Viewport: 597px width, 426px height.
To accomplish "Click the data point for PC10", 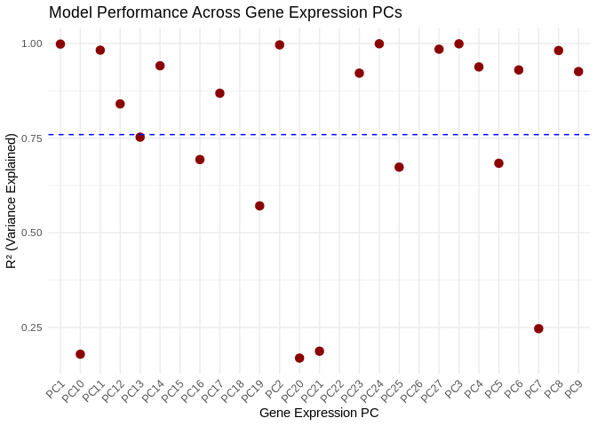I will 80,354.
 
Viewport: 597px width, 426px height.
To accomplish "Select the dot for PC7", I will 538,328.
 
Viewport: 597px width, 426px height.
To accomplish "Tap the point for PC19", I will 259,206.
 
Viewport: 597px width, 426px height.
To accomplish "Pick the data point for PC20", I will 299,358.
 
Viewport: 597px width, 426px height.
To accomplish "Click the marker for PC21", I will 319,351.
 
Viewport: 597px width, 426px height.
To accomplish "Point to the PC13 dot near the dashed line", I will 140,137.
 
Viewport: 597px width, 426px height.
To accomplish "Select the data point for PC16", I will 200,160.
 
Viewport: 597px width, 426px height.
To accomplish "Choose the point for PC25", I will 399,167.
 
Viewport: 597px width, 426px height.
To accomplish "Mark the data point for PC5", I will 498,163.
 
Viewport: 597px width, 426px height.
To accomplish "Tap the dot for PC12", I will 120,104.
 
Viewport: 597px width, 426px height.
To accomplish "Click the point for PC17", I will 219,93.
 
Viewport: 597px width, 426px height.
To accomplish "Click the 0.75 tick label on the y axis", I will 31,138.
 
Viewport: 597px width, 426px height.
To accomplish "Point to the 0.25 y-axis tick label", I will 31,327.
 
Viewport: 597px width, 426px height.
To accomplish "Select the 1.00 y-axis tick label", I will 31,43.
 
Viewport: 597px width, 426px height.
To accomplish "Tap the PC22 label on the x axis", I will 332,390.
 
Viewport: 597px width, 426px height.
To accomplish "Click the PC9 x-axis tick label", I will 574,388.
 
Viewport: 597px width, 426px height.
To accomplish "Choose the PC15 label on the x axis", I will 173,390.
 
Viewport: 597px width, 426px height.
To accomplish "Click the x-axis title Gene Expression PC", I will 319,413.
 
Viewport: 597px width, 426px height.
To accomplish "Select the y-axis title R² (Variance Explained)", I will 12,201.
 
